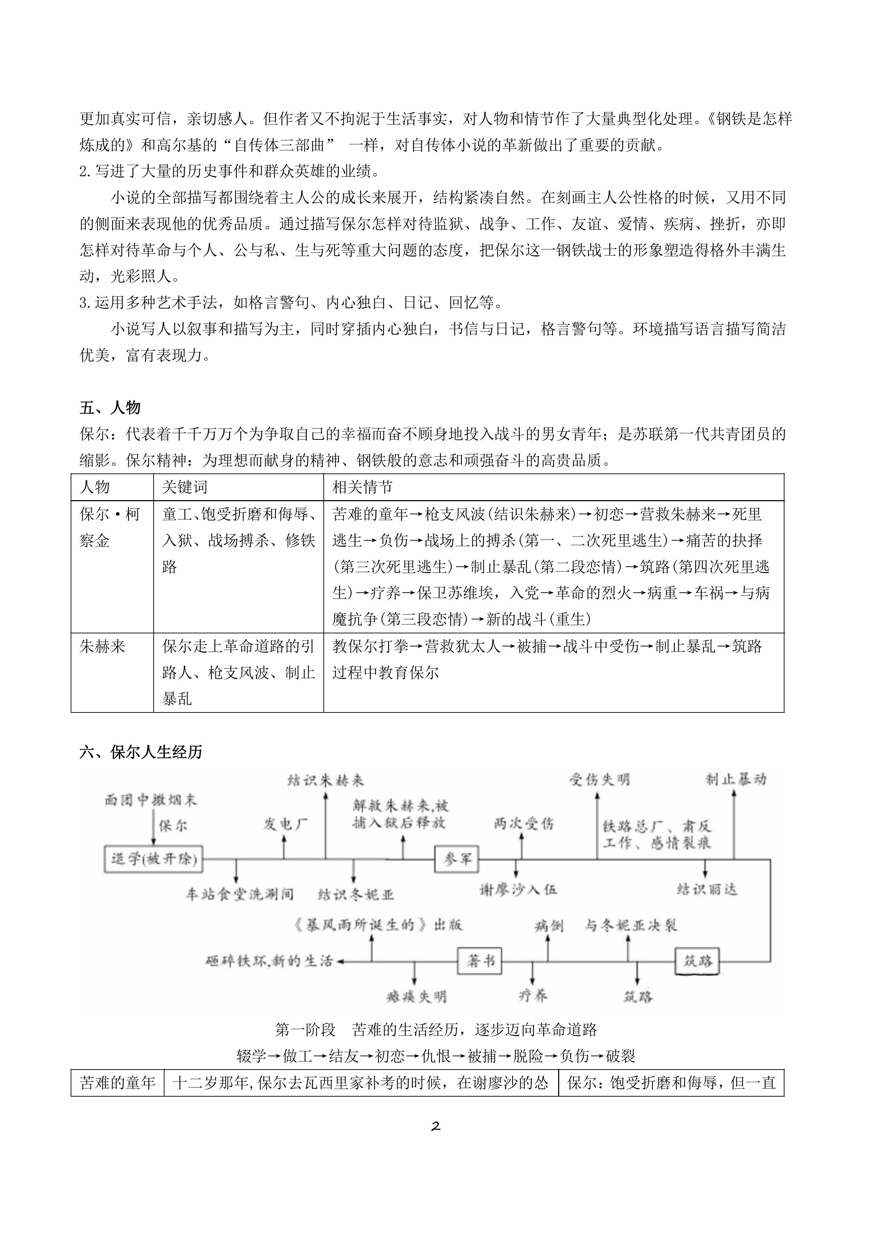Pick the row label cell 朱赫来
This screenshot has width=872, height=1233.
tap(103, 646)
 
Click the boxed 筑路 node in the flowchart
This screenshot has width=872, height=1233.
tap(697, 961)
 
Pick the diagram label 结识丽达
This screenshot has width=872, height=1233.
tap(706, 889)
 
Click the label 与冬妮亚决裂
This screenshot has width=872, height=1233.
tap(631, 925)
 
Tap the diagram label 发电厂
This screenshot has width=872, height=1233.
tap(285, 823)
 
